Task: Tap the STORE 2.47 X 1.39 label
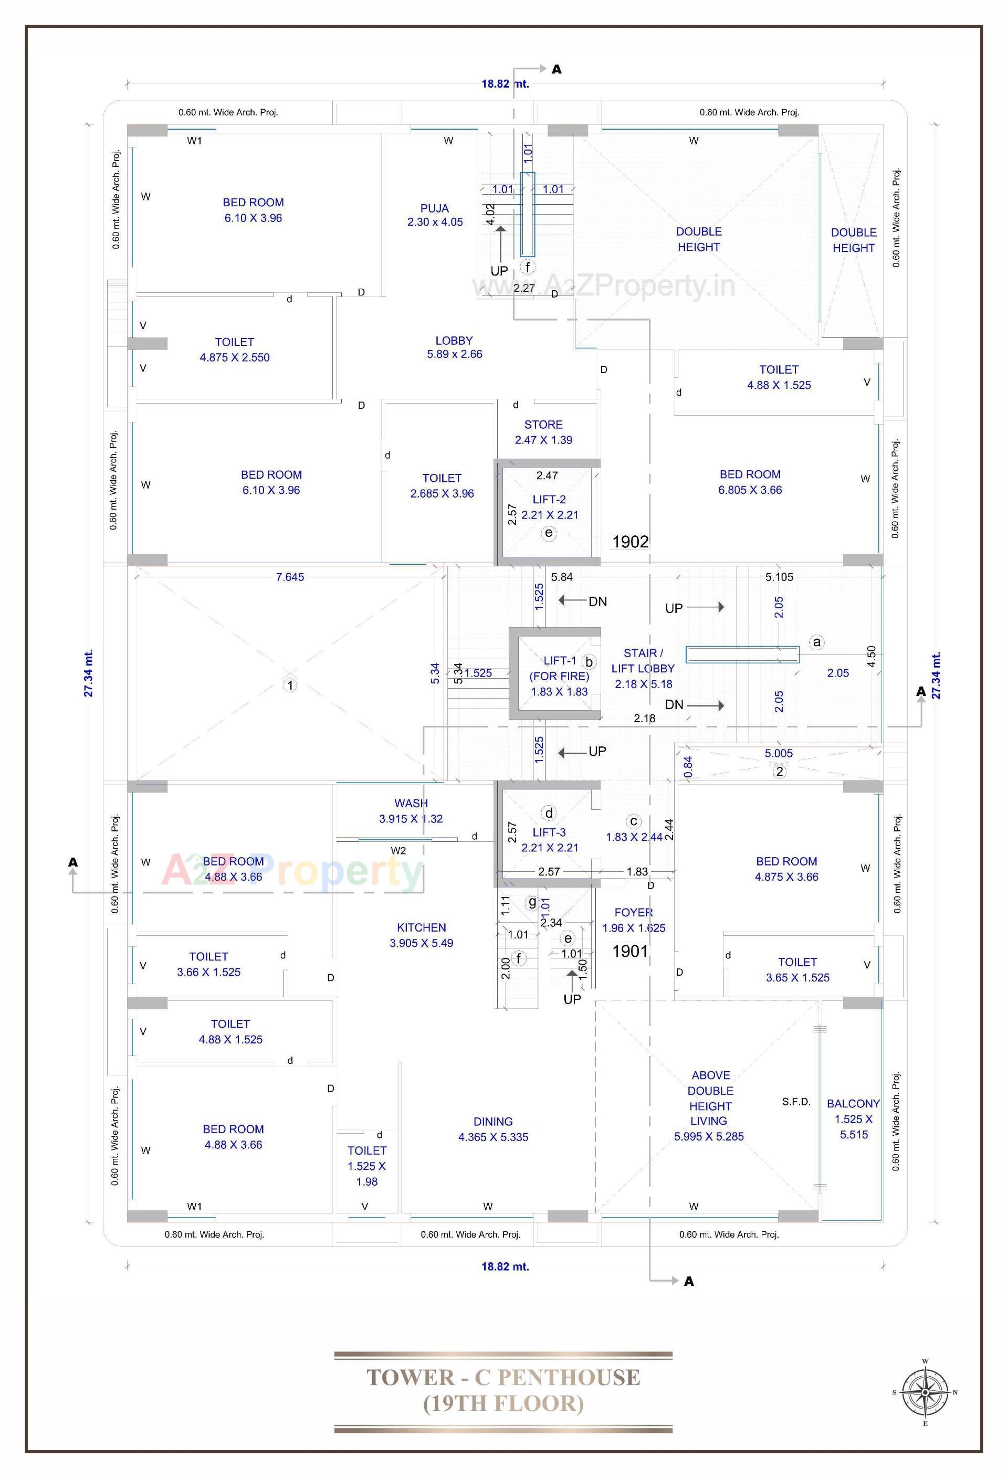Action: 543,432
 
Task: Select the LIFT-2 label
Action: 549,499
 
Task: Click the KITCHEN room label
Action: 421,928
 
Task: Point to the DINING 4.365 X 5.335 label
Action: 493,1129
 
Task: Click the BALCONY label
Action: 853,1103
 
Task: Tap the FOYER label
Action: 634,913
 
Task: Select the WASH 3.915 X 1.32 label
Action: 411,811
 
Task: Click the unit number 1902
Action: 630,542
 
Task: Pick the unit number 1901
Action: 629,952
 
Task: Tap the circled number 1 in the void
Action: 290,685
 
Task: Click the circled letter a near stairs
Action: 816,642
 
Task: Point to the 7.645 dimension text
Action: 290,577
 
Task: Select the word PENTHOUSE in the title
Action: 569,1378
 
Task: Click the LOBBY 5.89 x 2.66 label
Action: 454,347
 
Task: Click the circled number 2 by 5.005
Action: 780,772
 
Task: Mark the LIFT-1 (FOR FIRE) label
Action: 560,669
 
